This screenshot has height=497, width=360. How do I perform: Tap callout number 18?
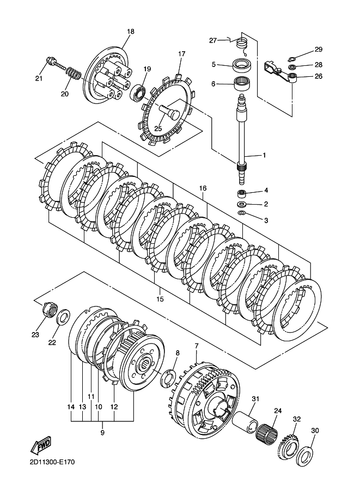[x=130, y=32]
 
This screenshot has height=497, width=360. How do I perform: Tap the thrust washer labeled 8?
[x=168, y=377]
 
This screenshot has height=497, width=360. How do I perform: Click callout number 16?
[x=203, y=188]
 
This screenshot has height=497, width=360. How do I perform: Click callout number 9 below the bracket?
[x=102, y=433]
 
